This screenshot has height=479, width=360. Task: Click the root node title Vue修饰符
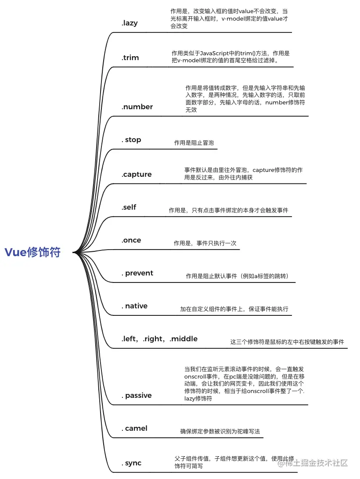point(32,252)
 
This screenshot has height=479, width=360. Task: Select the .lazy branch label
point(130,23)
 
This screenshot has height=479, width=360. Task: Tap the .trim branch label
point(130,57)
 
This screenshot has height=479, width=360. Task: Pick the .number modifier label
point(137,107)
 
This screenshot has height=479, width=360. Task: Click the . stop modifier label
point(131,139)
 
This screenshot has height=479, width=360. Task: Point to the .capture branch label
point(137,174)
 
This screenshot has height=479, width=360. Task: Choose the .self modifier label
point(129,207)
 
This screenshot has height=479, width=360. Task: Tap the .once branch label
point(131,240)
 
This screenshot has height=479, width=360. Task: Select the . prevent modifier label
point(137,273)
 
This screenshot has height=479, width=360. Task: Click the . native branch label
point(134,306)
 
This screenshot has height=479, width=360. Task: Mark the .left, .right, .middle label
point(159,339)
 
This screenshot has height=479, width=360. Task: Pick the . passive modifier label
point(137,395)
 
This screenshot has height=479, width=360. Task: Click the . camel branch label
point(134,428)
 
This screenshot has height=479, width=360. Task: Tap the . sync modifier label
point(131,463)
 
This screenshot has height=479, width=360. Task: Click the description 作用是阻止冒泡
point(194,143)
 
